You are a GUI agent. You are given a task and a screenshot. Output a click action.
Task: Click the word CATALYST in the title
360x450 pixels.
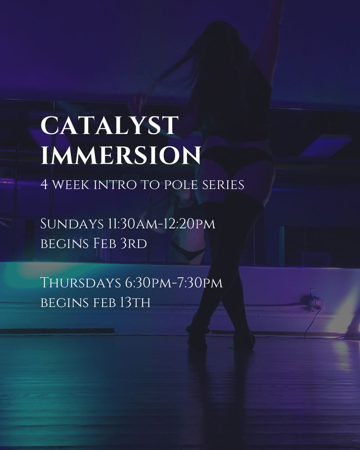109,125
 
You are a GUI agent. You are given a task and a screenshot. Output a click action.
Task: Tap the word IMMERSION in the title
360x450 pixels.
121,155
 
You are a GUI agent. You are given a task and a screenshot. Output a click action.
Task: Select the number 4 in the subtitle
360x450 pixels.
44,184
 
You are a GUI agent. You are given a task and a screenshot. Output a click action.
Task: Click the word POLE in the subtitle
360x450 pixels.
181,184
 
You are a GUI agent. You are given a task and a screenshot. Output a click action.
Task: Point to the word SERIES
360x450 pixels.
223,184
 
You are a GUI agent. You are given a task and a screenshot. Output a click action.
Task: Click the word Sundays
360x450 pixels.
72,224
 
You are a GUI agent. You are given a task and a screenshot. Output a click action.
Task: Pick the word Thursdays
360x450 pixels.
81,283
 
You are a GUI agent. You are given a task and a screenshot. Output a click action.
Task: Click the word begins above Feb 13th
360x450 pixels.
64,302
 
